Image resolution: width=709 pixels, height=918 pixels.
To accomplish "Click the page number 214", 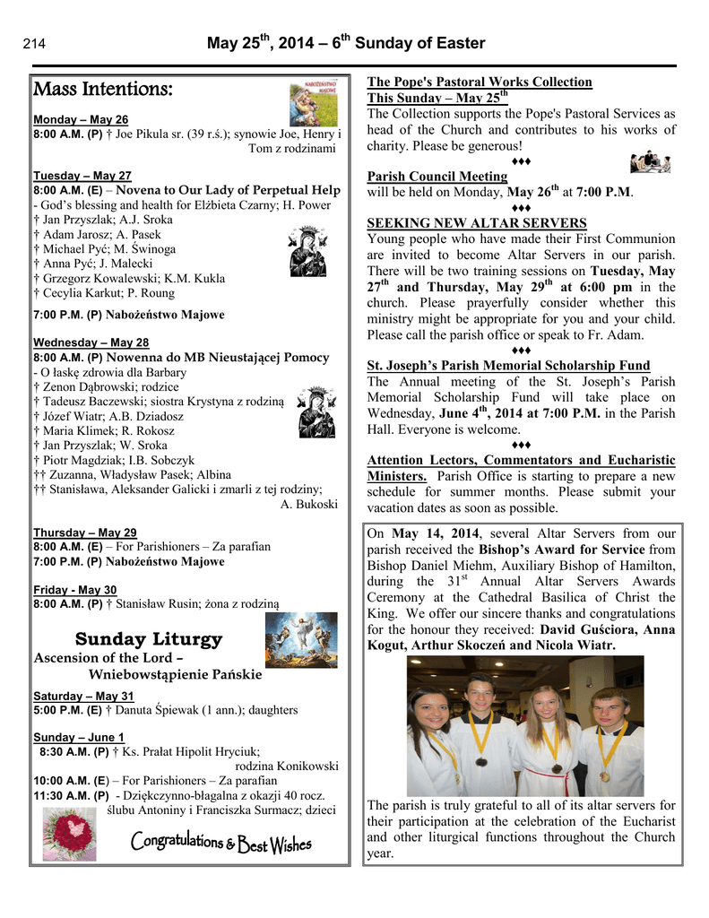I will (x=34, y=45).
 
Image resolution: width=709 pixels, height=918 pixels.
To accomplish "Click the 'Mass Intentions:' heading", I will (x=102, y=90).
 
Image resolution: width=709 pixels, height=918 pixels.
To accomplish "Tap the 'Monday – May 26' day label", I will (x=81, y=120).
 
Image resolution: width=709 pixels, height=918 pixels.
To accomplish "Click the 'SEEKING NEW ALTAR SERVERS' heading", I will (x=477, y=223).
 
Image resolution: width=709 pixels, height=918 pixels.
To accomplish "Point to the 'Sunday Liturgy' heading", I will (x=149, y=639).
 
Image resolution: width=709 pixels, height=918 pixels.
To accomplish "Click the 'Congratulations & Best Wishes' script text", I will (x=220, y=843).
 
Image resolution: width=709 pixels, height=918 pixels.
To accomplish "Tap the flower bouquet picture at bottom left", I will (x=69, y=833).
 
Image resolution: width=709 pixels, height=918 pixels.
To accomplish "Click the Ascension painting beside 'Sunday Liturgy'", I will (x=301, y=640).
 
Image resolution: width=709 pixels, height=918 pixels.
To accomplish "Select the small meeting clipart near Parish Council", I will (x=650, y=162).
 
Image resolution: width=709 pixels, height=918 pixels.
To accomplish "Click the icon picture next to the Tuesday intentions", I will (x=307, y=251).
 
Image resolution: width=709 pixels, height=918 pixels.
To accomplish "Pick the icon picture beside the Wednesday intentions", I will (x=316, y=412).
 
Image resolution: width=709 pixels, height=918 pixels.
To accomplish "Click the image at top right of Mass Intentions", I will (x=314, y=104).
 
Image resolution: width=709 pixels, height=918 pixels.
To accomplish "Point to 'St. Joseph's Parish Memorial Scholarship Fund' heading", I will (x=508, y=366).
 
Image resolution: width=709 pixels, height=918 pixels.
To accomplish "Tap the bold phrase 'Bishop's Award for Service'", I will (x=562, y=550).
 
